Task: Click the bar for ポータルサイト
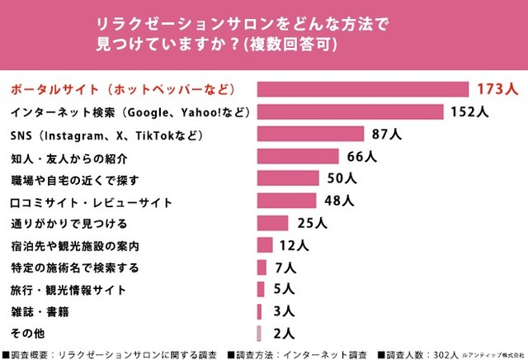[x=363, y=88]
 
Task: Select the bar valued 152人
[x=351, y=111]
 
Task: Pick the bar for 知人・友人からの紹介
[x=298, y=156]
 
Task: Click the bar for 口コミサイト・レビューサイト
[x=286, y=200]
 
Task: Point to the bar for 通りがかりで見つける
[x=272, y=222]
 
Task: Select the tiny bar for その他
[x=259, y=333]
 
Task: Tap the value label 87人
[x=385, y=133]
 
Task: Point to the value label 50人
[x=342, y=178]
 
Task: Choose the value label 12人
[x=294, y=244]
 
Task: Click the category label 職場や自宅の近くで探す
[x=75, y=178]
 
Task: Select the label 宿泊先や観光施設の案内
[x=75, y=245]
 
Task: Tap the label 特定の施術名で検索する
[x=75, y=268]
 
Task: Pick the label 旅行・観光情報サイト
[x=68, y=290]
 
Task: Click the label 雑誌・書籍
[x=40, y=312]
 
